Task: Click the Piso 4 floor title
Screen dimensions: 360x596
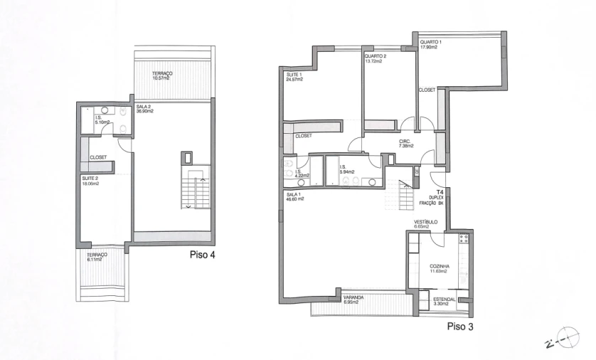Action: (202, 255)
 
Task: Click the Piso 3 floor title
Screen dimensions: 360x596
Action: (460, 327)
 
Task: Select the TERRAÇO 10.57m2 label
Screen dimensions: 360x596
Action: (161, 75)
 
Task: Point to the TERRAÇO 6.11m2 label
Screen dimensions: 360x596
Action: (97, 258)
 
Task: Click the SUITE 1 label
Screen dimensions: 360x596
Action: (294, 77)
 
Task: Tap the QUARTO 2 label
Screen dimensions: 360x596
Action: (375, 58)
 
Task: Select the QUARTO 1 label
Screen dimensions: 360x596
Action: (431, 45)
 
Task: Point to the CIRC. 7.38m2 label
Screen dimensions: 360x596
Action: (408, 143)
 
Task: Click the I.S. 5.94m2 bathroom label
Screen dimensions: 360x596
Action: (347, 170)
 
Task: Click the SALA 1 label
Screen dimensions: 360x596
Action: (295, 196)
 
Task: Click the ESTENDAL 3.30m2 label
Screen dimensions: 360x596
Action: (444, 302)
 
